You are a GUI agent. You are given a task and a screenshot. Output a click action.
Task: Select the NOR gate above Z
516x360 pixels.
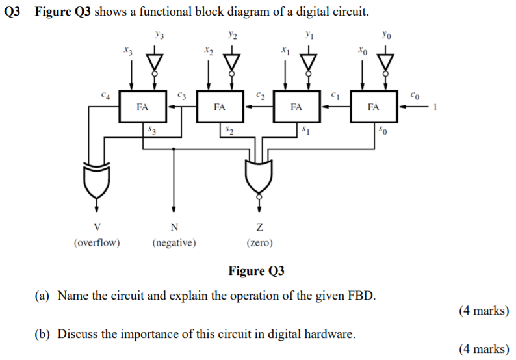[x=259, y=176]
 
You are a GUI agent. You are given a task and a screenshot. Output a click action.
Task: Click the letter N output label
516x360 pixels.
[x=174, y=227]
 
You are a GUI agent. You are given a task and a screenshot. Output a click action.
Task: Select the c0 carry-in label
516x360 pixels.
[x=415, y=96]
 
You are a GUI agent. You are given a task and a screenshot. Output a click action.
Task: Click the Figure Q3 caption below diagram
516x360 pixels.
[x=257, y=271]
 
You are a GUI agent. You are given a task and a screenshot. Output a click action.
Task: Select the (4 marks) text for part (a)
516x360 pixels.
[x=484, y=311]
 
